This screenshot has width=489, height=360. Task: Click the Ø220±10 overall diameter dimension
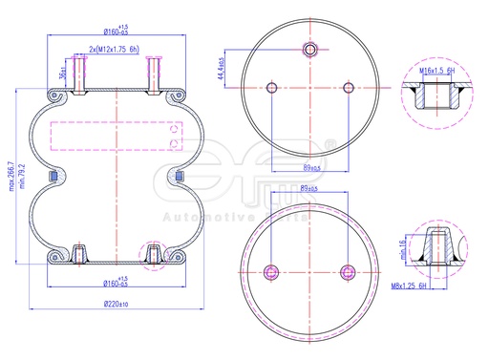(115, 304)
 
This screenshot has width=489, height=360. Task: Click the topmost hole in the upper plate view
(309, 50)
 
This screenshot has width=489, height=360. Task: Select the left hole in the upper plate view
(273, 88)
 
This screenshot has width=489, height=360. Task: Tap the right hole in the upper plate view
(346, 88)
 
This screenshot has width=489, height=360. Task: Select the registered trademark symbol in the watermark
(330, 145)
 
